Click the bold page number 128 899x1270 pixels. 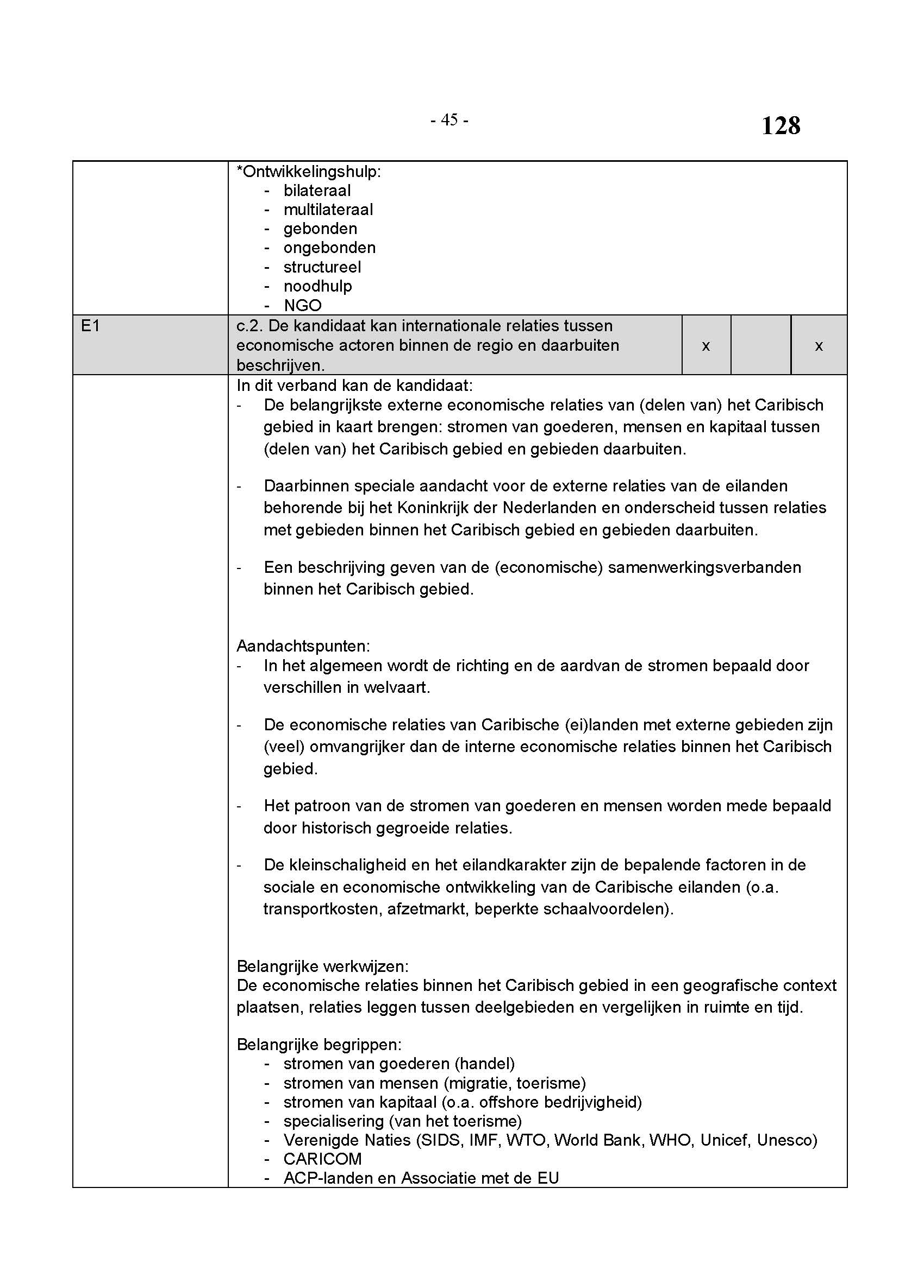coord(781,125)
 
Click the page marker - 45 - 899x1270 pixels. coord(449,119)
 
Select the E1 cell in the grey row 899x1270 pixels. coord(90,326)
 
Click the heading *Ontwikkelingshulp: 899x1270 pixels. coord(308,172)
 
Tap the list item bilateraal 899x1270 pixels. coord(317,190)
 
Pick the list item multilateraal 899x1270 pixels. coord(328,210)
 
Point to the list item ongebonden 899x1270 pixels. coord(329,247)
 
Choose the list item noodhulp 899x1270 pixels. coord(318,286)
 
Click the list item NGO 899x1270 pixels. coord(302,305)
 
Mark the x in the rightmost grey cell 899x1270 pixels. coord(819,346)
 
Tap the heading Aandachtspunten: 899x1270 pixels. coord(303,646)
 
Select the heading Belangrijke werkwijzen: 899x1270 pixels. coord(322,966)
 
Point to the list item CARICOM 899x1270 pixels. coord(322,1158)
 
